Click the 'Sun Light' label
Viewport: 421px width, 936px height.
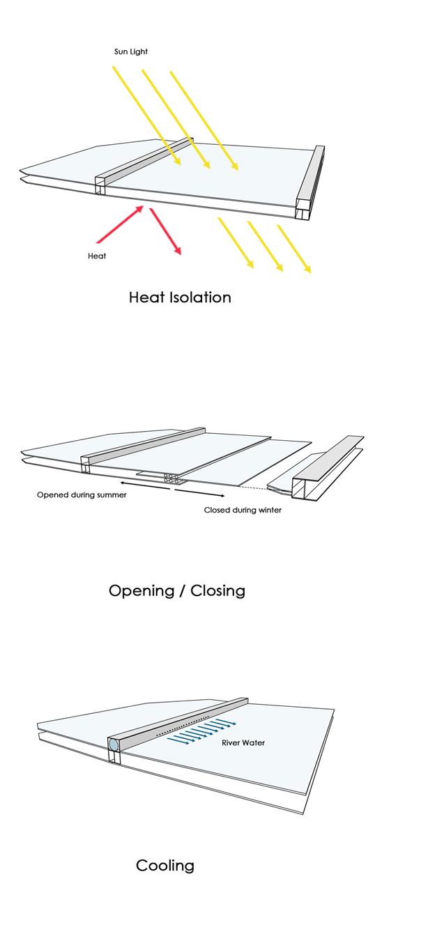pos(131,52)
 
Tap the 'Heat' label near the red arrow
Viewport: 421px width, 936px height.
pos(97,256)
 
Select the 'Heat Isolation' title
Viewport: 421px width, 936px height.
pos(180,297)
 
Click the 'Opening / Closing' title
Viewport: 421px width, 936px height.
pos(177,591)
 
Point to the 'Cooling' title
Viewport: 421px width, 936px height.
pos(165,866)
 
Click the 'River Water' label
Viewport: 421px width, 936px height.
pos(243,743)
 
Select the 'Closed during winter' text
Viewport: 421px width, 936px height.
pos(243,510)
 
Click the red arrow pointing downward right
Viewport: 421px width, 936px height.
pos(166,232)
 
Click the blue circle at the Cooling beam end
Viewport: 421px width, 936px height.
pos(114,745)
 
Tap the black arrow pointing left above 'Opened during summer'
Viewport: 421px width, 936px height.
pos(143,484)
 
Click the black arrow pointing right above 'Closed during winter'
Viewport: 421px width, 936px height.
pos(199,492)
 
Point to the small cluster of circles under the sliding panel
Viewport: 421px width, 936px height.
pos(171,478)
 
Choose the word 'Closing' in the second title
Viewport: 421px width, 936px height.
pos(217,591)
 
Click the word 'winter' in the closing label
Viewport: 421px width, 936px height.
pos(269,510)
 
